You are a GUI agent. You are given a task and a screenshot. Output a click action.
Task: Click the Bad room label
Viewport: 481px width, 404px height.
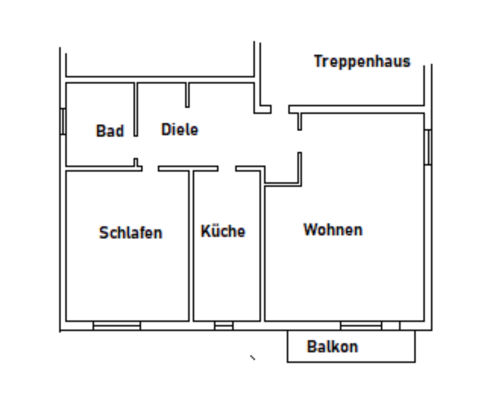[x=110, y=131]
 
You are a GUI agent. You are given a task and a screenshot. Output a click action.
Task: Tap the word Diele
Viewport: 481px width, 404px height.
[x=179, y=129]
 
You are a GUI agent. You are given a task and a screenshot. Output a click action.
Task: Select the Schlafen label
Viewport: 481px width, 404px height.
[x=130, y=233]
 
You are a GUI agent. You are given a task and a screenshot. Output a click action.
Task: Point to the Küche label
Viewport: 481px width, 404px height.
[x=223, y=231]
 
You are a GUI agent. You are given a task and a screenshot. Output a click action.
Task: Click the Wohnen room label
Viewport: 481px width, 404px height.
[x=333, y=230]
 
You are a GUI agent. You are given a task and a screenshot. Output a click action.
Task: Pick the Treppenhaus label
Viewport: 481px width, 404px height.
[x=362, y=61]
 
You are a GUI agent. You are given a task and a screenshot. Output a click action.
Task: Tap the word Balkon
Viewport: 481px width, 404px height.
[x=332, y=346]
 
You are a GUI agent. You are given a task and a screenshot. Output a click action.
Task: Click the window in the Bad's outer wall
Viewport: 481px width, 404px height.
[x=63, y=121]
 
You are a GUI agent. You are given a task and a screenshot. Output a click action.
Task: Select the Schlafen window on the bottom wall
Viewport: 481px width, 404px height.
[x=117, y=326]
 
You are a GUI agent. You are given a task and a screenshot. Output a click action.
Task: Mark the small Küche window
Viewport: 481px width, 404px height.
[x=224, y=326]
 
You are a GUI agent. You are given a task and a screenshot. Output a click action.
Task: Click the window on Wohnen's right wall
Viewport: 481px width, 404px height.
[x=427, y=147]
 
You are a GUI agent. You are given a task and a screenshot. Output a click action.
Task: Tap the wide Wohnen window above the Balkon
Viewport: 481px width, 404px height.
[x=361, y=326]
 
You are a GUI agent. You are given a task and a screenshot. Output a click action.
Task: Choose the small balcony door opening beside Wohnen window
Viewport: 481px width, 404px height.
[x=391, y=326]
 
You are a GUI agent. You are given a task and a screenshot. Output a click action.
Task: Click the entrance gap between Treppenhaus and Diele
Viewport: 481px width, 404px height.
[x=280, y=109]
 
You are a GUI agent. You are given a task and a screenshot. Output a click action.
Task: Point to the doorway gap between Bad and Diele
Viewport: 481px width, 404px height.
[x=136, y=147]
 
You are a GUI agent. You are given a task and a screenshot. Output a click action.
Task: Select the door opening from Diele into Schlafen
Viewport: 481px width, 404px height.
[x=150, y=169]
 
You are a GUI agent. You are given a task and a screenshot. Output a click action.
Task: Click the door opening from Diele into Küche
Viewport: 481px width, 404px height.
[x=227, y=169]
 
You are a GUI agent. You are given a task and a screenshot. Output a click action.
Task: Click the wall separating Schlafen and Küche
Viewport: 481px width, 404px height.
[x=191, y=246]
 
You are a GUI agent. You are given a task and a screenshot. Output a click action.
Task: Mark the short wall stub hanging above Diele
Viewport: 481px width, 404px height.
[x=187, y=95]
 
